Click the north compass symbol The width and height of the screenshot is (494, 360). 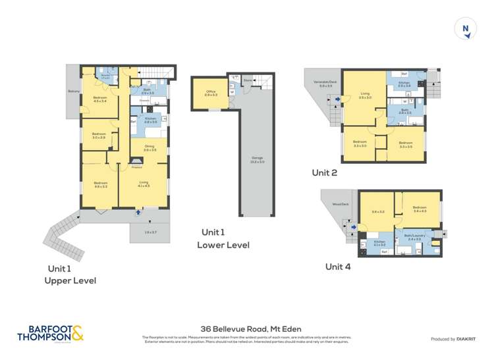466,28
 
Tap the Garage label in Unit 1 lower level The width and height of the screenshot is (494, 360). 253,159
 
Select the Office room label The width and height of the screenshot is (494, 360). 211,93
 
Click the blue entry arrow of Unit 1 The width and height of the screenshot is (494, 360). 138,212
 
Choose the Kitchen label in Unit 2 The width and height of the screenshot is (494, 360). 404,84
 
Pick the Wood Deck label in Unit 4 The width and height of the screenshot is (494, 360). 340,204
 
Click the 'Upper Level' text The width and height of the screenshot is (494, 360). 70,280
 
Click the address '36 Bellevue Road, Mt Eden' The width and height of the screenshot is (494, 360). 246,326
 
